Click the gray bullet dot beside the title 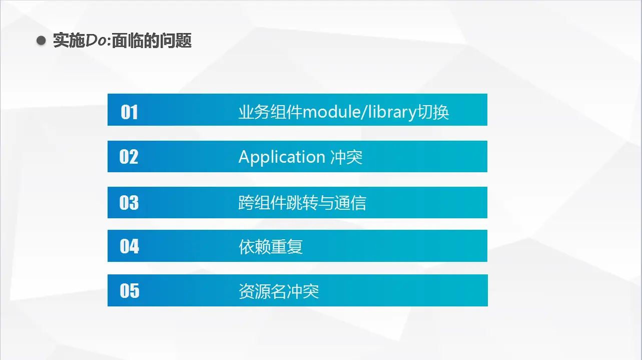tap(41, 41)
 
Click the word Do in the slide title tap(96, 41)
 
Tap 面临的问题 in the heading tap(152, 41)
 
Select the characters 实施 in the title tap(69, 41)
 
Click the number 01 tap(129, 112)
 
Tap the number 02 tap(129, 157)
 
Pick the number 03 tap(129, 202)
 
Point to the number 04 tap(129, 246)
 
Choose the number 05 tap(130, 290)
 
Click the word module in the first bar tap(331, 112)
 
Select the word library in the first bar tap(392, 113)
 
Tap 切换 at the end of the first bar tap(433, 112)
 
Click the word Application tap(282, 157)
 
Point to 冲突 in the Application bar tap(346, 157)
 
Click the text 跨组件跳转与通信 tap(302, 203)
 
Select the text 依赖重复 tap(271, 247)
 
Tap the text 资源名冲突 tap(279, 291)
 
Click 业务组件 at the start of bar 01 tap(271, 112)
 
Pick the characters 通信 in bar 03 tap(350, 203)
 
